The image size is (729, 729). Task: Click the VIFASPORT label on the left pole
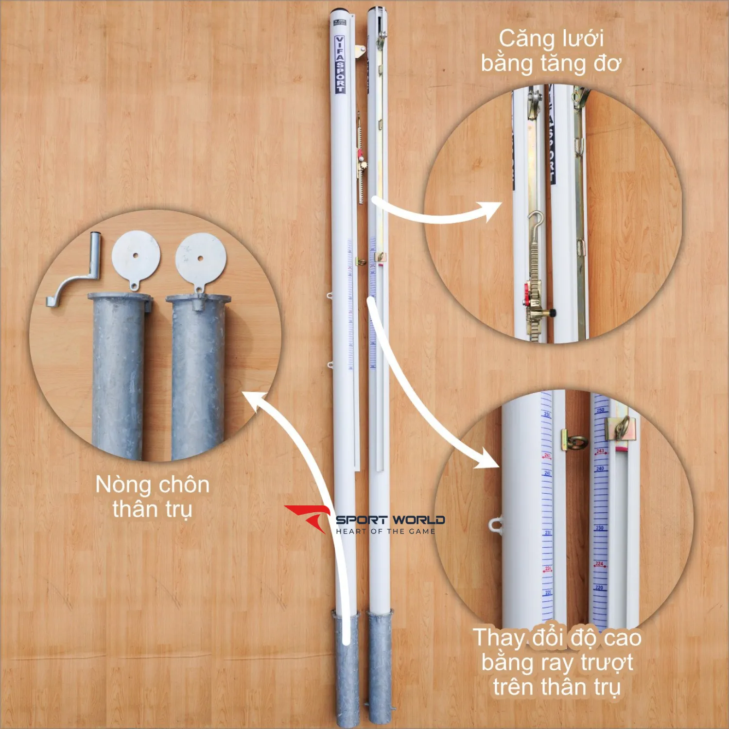click(x=340, y=64)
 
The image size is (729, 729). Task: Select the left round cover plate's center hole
click(x=135, y=255)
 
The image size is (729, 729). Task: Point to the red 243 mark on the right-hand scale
click(x=600, y=451)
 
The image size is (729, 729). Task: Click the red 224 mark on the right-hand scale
click(x=599, y=564)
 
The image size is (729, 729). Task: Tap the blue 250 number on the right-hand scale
click(x=600, y=410)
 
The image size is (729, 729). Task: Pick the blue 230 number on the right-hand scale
click(x=600, y=528)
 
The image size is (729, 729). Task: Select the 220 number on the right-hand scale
click(x=599, y=588)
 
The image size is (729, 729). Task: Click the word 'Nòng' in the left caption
click(x=123, y=485)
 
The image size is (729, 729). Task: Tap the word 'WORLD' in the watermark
click(x=419, y=520)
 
